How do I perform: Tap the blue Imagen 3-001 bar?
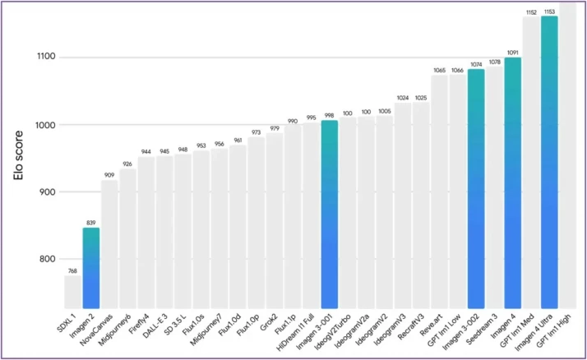[x=329, y=214]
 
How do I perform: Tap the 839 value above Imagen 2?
[x=90, y=222]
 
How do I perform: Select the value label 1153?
[x=549, y=12]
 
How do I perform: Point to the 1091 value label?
[x=512, y=53]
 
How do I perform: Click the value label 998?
[x=329, y=116]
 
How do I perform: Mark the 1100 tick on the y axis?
[x=45, y=58]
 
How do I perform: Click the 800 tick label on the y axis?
[x=48, y=260]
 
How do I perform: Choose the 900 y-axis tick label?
[x=48, y=192]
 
